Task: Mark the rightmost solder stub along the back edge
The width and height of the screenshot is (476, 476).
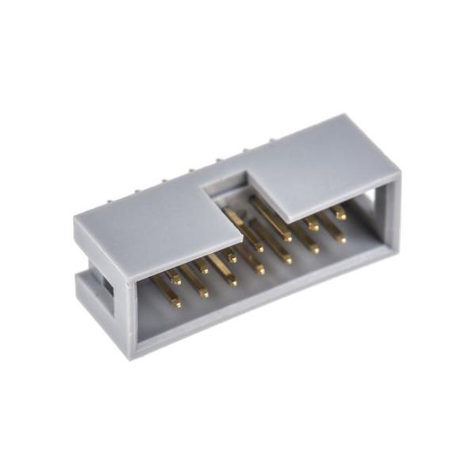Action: pyautogui.click(x=271, y=140)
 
